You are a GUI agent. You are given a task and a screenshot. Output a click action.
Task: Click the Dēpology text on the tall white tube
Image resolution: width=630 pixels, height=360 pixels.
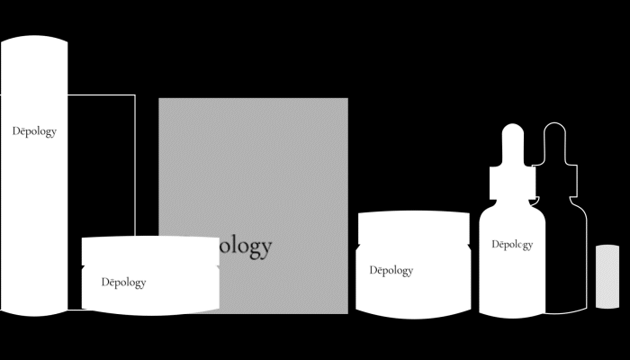[x=35, y=131]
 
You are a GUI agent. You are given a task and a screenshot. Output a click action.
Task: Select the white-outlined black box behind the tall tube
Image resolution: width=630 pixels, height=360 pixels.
[x=101, y=162]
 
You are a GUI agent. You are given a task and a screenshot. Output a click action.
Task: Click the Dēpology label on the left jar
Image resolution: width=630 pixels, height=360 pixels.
[x=123, y=283]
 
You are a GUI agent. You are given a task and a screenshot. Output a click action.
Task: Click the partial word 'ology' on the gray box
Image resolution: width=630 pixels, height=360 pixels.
[x=241, y=246]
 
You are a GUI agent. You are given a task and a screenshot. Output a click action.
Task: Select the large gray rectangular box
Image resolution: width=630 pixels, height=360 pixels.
[x=253, y=171]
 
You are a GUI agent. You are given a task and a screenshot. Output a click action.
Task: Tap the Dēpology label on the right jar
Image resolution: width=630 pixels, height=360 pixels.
[x=391, y=270]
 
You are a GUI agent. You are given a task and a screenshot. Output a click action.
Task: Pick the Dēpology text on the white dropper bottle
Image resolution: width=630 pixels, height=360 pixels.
[x=512, y=244]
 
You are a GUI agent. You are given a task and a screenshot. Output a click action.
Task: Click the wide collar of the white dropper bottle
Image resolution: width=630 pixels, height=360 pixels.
[x=512, y=183]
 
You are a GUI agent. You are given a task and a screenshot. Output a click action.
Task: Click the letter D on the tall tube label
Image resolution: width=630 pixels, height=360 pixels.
[x=17, y=131]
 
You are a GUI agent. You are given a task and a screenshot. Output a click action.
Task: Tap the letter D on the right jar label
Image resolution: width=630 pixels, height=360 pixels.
[x=373, y=270]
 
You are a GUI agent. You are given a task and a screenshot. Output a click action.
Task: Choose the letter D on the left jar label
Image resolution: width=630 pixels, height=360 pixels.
[x=105, y=283]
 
